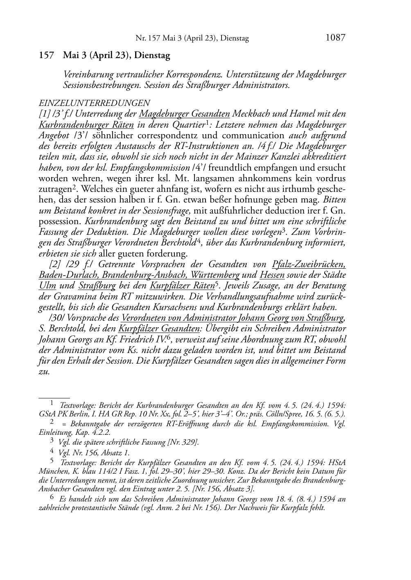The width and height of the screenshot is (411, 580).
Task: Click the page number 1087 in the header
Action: [x=335, y=38]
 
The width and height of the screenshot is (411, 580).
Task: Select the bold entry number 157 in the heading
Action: [x=46, y=55]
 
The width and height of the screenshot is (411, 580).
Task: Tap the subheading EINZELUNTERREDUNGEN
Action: [x=94, y=103]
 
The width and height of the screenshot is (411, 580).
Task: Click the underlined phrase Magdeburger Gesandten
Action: [x=184, y=114]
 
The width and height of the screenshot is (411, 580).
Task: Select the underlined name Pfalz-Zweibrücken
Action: [x=309, y=264]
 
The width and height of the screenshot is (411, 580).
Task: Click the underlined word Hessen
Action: [x=272, y=275]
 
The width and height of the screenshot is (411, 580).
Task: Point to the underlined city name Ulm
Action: [x=47, y=286]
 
